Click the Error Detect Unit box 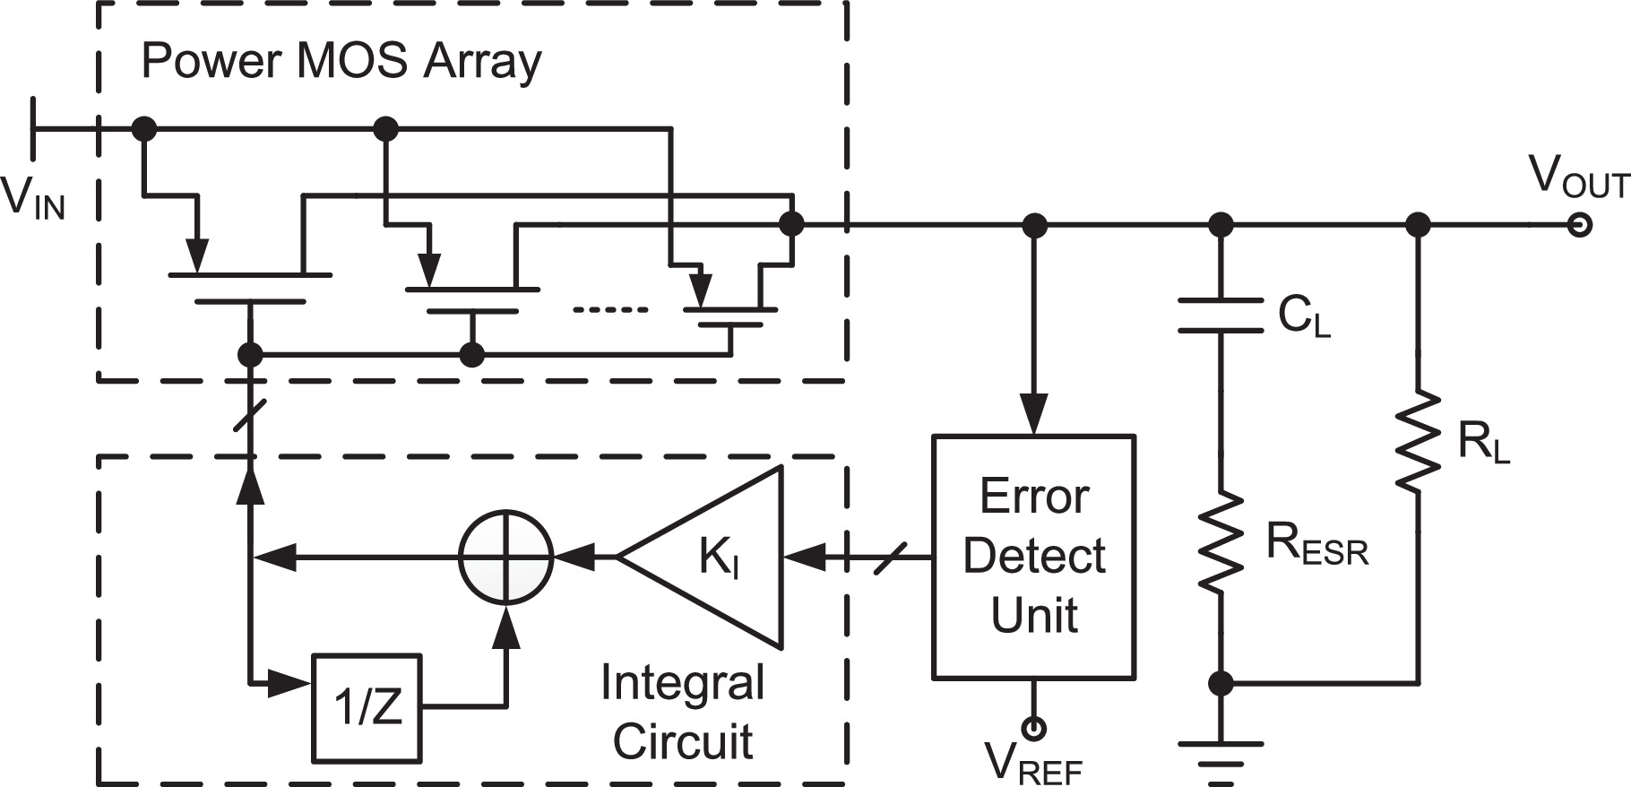(1034, 557)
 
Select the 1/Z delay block (367, 708)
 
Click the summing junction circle (506, 558)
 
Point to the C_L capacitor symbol (1220, 316)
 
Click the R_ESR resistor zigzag (1220, 541)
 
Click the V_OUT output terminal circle (1580, 225)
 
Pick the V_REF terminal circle (1034, 730)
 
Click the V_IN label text (33, 199)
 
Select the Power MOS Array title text (341, 61)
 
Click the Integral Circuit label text (683, 711)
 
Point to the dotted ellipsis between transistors (610, 310)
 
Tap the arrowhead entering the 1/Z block (291, 686)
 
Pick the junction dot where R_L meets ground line (1220, 684)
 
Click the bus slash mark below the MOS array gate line (252, 415)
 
